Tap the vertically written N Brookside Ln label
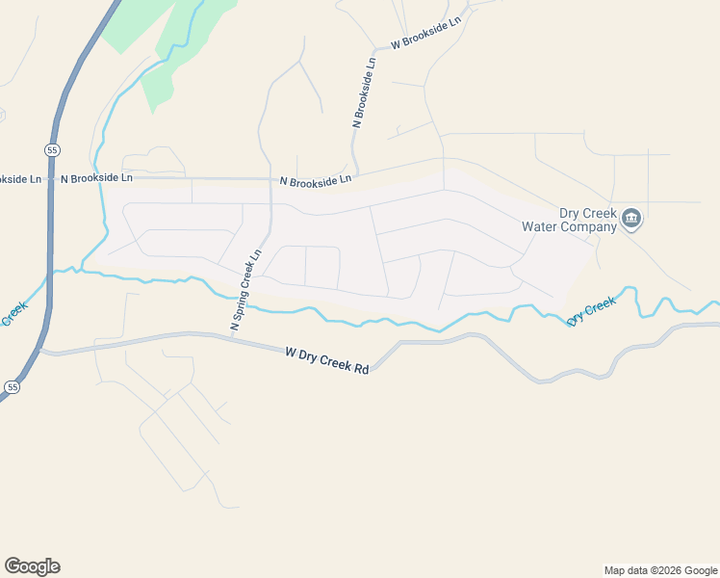pyautogui.click(x=364, y=92)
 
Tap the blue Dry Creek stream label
pyautogui.click(x=591, y=311)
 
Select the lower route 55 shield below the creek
pyautogui.click(x=12, y=386)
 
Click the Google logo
pyautogui.click(x=32, y=566)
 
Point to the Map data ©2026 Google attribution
pyautogui.click(x=660, y=570)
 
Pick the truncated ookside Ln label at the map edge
pyautogui.click(x=20, y=178)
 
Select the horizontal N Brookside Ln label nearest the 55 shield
pyautogui.click(x=96, y=178)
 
